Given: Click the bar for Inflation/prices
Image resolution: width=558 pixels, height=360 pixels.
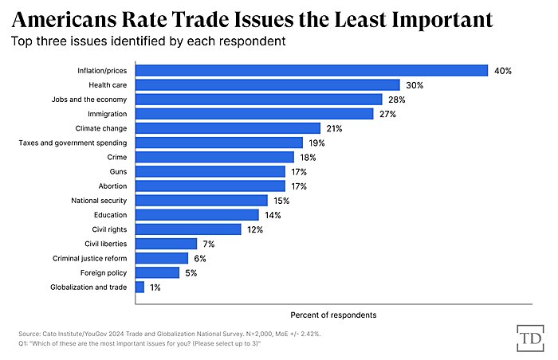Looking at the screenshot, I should click(x=311, y=70).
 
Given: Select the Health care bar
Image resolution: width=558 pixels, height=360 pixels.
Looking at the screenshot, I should click(x=267, y=84).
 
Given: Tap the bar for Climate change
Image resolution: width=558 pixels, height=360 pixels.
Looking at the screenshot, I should click(x=227, y=127).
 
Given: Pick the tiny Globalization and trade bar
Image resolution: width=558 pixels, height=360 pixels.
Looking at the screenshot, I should click(x=139, y=287).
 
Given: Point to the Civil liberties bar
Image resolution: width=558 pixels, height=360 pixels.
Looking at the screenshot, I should click(x=166, y=244).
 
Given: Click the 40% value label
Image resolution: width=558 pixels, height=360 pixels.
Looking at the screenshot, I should click(x=502, y=70).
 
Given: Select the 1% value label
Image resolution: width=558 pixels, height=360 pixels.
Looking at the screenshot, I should click(x=155, y=287).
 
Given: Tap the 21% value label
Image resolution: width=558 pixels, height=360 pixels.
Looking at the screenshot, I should click(x=335, y=127).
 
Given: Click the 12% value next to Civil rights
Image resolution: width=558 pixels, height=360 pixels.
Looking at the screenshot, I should click(x=255, y=229).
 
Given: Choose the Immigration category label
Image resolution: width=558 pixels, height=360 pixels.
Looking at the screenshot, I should click(x=108, y=113).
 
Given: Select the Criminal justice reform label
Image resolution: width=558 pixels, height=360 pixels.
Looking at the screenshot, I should click(x=89, y=258).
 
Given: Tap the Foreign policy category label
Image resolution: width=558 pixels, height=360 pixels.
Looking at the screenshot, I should click(x=104, y=272).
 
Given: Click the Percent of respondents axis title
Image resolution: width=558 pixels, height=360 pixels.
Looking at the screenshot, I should click(x=333, y=315).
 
